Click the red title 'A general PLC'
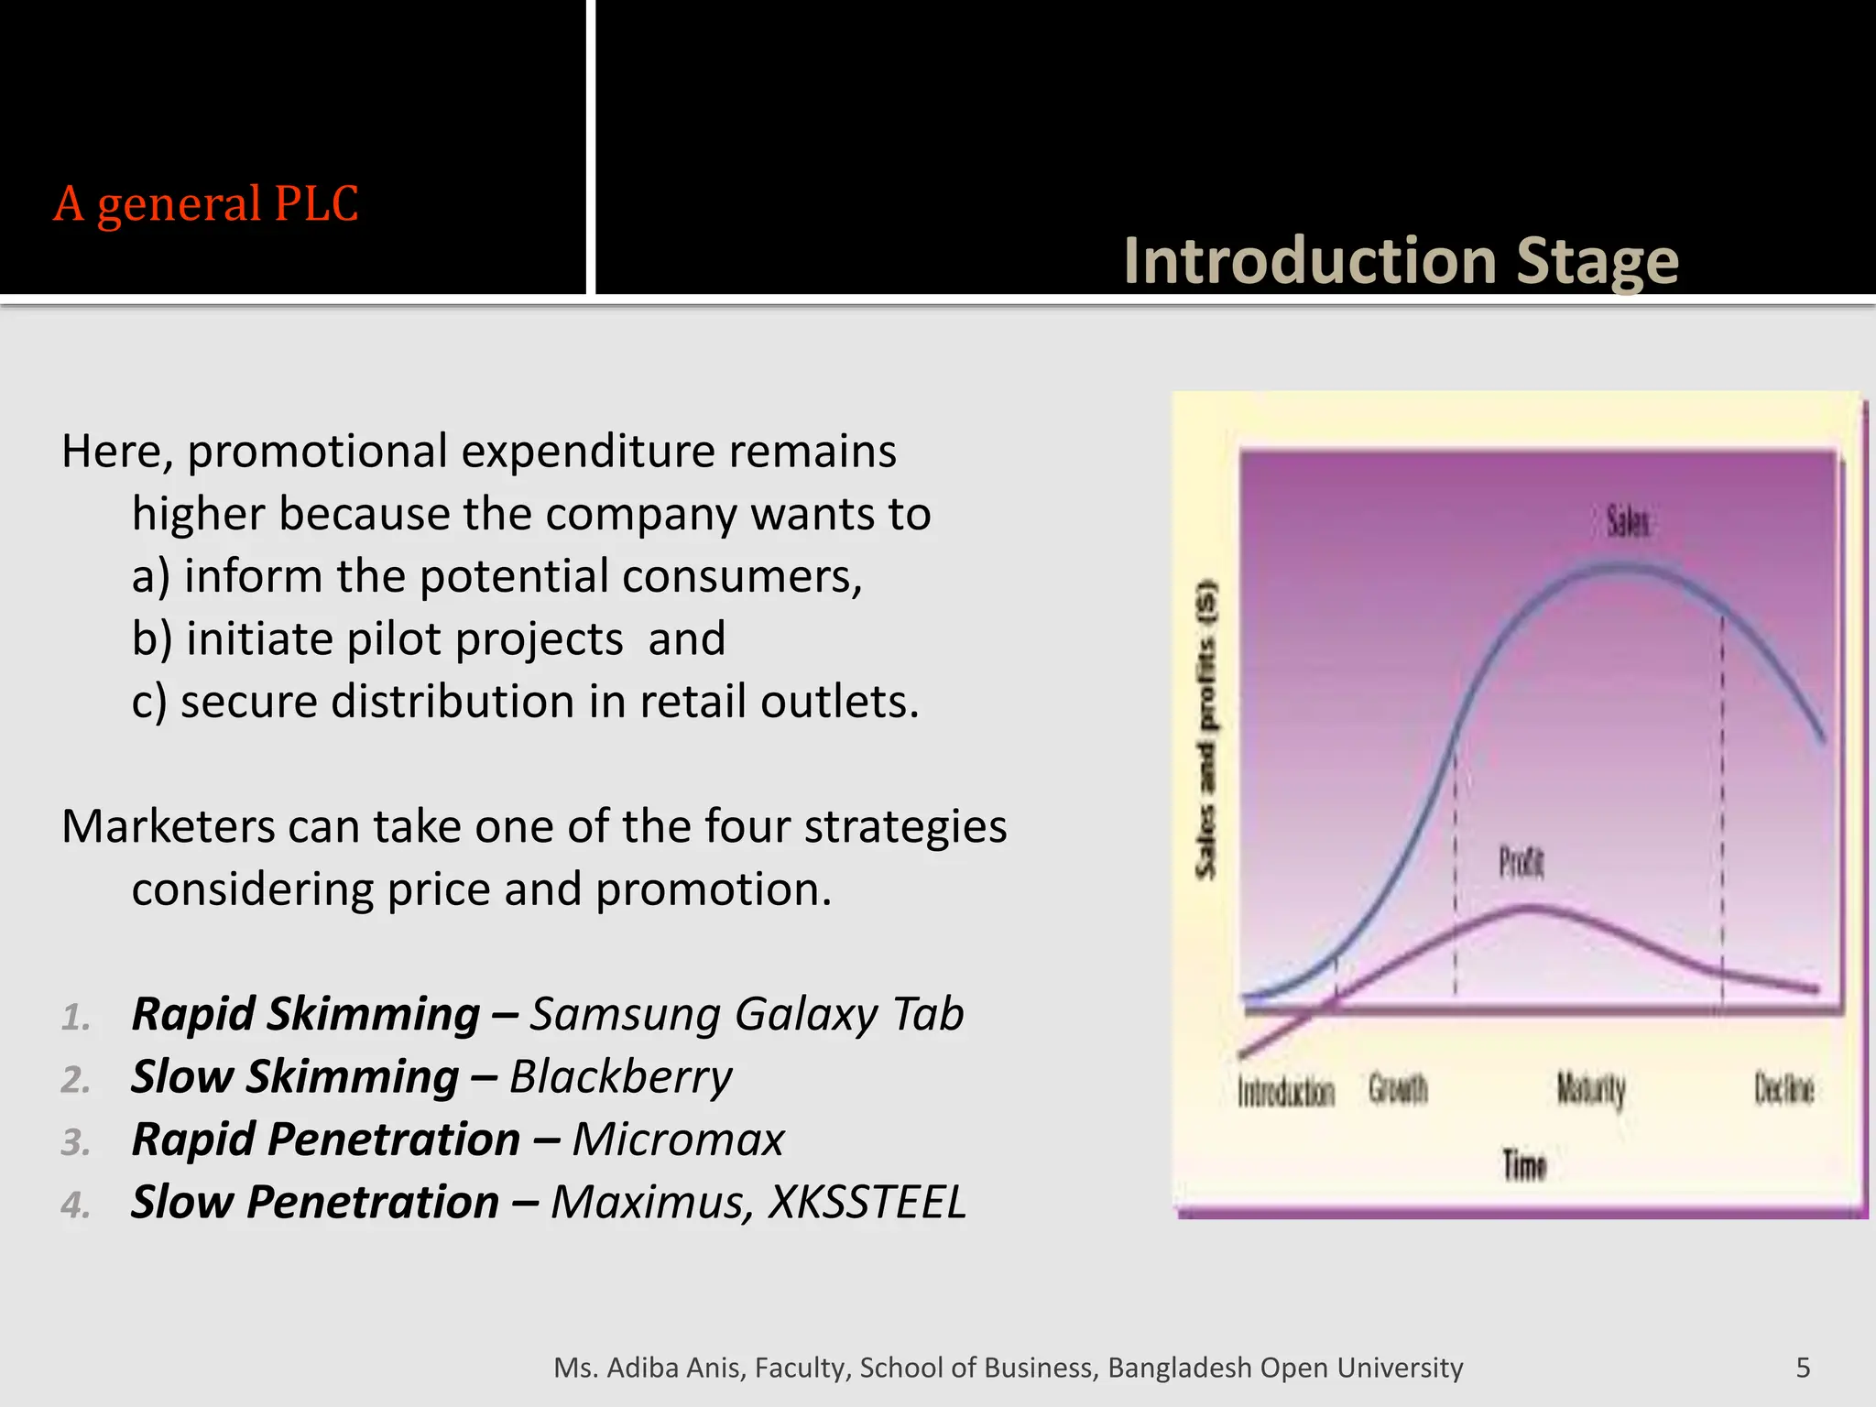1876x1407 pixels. click(206, 203)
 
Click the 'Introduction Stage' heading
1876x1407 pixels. click(1401, 261)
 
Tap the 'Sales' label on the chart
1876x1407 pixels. click(1628, 522)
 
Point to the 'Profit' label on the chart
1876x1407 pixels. click(1522, 862)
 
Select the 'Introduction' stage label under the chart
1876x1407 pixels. click(1286, 1092)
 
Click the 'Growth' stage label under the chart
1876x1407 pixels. click(1398, 1089)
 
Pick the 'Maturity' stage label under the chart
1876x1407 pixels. click(1591, 1090)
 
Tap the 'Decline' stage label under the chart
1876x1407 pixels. click(1783, 1089)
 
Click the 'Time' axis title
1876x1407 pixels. click(1524, 1165)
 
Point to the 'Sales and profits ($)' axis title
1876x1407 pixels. click(1207, 729)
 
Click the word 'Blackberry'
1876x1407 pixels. click(620, 1077)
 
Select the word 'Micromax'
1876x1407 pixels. click(678, 1140)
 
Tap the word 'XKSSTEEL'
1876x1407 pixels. click(867, 1202)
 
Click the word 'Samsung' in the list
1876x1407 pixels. click(624, 1015)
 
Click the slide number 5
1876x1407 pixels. click(1803, 1368)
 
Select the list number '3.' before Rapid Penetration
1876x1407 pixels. click(76, 1142)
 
